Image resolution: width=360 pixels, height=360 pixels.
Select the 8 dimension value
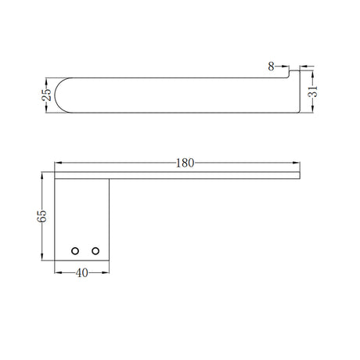click(x=271, y=67)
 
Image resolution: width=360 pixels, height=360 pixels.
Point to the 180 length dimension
click(x=185, y=164)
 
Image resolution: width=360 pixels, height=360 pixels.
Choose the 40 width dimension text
click(x=81, y=273)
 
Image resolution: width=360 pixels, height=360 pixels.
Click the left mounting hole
click(x=75, y=250)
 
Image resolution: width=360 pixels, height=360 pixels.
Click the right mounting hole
click(x=95, y=250)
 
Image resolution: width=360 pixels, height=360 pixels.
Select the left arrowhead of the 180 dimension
click(x=57, y=164)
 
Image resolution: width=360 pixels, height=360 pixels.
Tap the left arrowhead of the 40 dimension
click(x=57, y=273)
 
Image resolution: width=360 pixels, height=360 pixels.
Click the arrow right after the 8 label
click(x=285, y=67)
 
